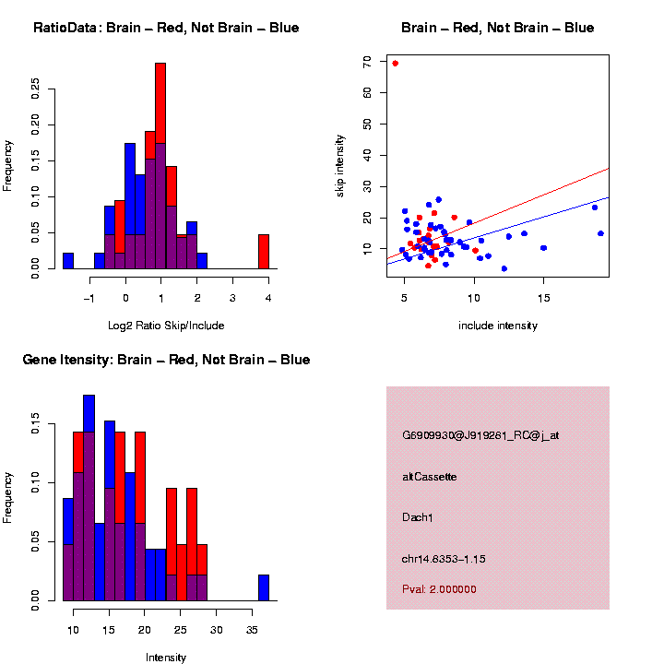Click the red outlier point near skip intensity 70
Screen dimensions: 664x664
pyautogui.click(x=395, y=64)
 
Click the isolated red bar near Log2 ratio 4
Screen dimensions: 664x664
pyautogui.click(x=264, y=251)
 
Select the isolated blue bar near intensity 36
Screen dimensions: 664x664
pyautogui.click(x=264, y=587)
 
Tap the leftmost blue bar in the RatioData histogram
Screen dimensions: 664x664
pyautogui.click(x=68, y=260)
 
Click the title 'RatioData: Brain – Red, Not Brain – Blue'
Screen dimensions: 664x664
pyautogui.click(x=166, y=28)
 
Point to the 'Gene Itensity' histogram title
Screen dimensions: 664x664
pyautogui.click(x=166, y=360)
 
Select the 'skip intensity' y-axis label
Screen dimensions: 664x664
pyautogui.click(x=340, y=164)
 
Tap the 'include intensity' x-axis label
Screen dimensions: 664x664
pyautogui.click(x=497, y=326)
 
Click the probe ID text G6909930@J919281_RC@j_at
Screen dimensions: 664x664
pyautogui.click(x=480, y=435)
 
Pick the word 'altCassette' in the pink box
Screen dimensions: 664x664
pyautogui.click(x=430, y=477)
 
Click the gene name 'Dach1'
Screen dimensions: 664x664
pyautogui.click(x=418, y=517)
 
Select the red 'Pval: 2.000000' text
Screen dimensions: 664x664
pyautogui.click(x=439, y=589)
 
